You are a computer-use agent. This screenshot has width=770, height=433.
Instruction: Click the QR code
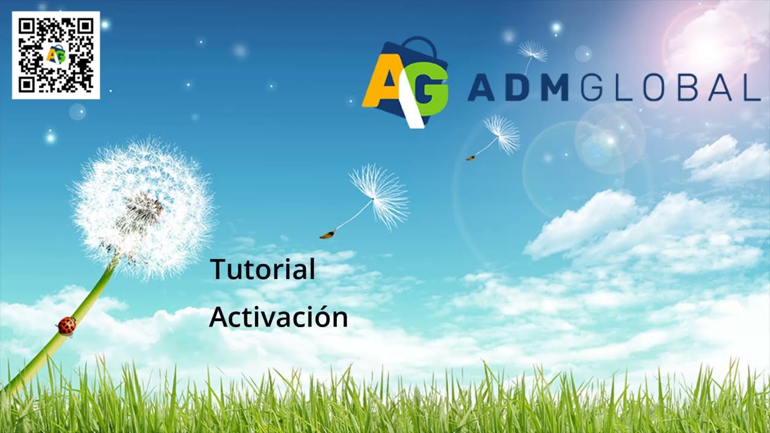point(56,55)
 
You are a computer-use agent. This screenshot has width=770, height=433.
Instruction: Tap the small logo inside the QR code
point(56,55)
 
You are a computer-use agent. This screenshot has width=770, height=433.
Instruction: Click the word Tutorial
point(262,269)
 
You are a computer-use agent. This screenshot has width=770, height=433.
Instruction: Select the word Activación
point(278,318)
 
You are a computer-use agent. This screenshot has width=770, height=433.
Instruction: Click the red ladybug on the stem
point(66,325)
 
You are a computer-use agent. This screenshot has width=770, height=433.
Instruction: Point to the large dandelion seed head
point(143,207)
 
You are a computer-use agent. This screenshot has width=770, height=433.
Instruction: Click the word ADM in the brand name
point(518,89)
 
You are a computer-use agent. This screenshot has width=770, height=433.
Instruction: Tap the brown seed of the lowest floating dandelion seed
point(327,235)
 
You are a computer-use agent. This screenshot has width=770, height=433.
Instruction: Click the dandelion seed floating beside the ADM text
point(501,134)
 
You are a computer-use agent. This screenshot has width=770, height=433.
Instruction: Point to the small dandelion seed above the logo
point(532,52)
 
